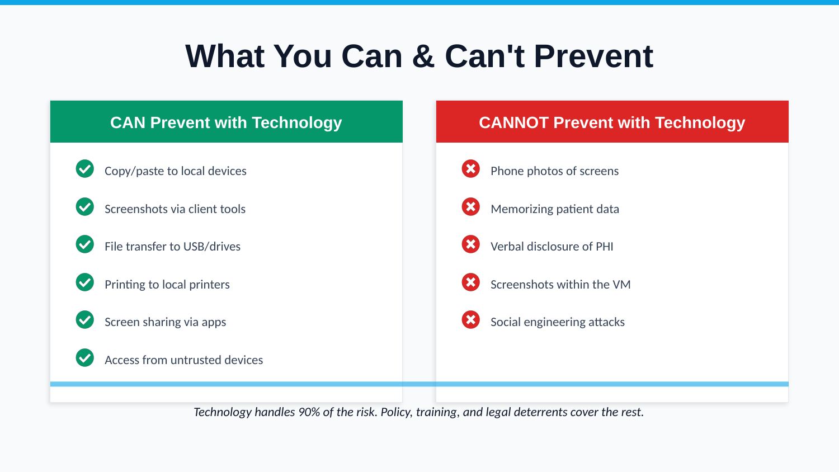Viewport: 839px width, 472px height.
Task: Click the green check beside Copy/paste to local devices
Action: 85,168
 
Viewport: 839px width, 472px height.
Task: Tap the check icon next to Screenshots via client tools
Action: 85,206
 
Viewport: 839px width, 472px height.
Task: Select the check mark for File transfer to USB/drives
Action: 85,244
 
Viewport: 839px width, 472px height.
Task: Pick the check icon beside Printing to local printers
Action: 85,282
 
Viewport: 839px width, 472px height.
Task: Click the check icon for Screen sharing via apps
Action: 85,319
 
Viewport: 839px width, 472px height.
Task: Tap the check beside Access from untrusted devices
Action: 85,357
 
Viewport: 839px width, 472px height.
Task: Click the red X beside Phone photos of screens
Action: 471,168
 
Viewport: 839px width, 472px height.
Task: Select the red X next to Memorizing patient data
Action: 471,206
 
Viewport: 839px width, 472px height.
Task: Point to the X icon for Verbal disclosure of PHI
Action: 471,244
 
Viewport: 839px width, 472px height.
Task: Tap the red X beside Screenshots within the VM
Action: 471,282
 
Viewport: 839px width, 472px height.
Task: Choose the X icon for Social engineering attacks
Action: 471,319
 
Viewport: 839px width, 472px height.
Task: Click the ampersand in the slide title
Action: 423,56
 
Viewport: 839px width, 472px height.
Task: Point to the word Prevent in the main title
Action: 593,56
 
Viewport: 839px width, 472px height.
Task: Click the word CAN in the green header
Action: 128,122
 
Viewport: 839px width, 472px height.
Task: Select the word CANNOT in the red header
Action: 513,122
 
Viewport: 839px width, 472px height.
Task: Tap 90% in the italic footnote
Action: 309,412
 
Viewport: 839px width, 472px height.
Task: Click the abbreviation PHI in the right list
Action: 605,247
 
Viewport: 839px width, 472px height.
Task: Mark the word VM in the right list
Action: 621,285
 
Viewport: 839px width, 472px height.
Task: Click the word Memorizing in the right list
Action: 522,209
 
